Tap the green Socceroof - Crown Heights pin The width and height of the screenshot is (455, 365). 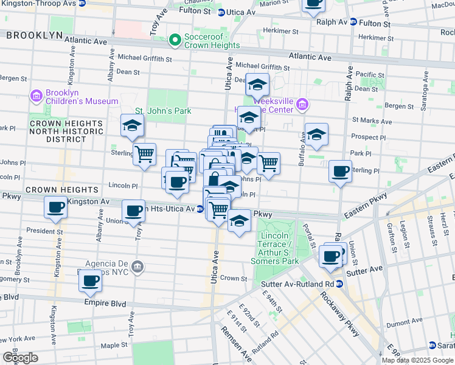click(176, 41)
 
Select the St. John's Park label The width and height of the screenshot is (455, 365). click(163, 111)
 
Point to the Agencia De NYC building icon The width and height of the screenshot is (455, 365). click(138, 266)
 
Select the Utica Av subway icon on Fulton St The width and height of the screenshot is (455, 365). click(221, 12)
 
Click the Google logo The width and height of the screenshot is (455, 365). click(20, 357)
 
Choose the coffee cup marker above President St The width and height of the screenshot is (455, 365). click(55, 207)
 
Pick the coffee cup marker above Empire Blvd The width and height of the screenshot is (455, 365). click(90, 280)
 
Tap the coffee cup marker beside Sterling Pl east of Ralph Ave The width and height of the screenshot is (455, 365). click(340, 170)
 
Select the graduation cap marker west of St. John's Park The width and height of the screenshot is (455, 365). click(132, 125)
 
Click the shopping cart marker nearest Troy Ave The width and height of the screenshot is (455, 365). click(144, 154)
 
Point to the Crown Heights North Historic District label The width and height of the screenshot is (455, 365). click(58, 131)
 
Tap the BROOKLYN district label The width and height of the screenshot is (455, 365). click(35, 35)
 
